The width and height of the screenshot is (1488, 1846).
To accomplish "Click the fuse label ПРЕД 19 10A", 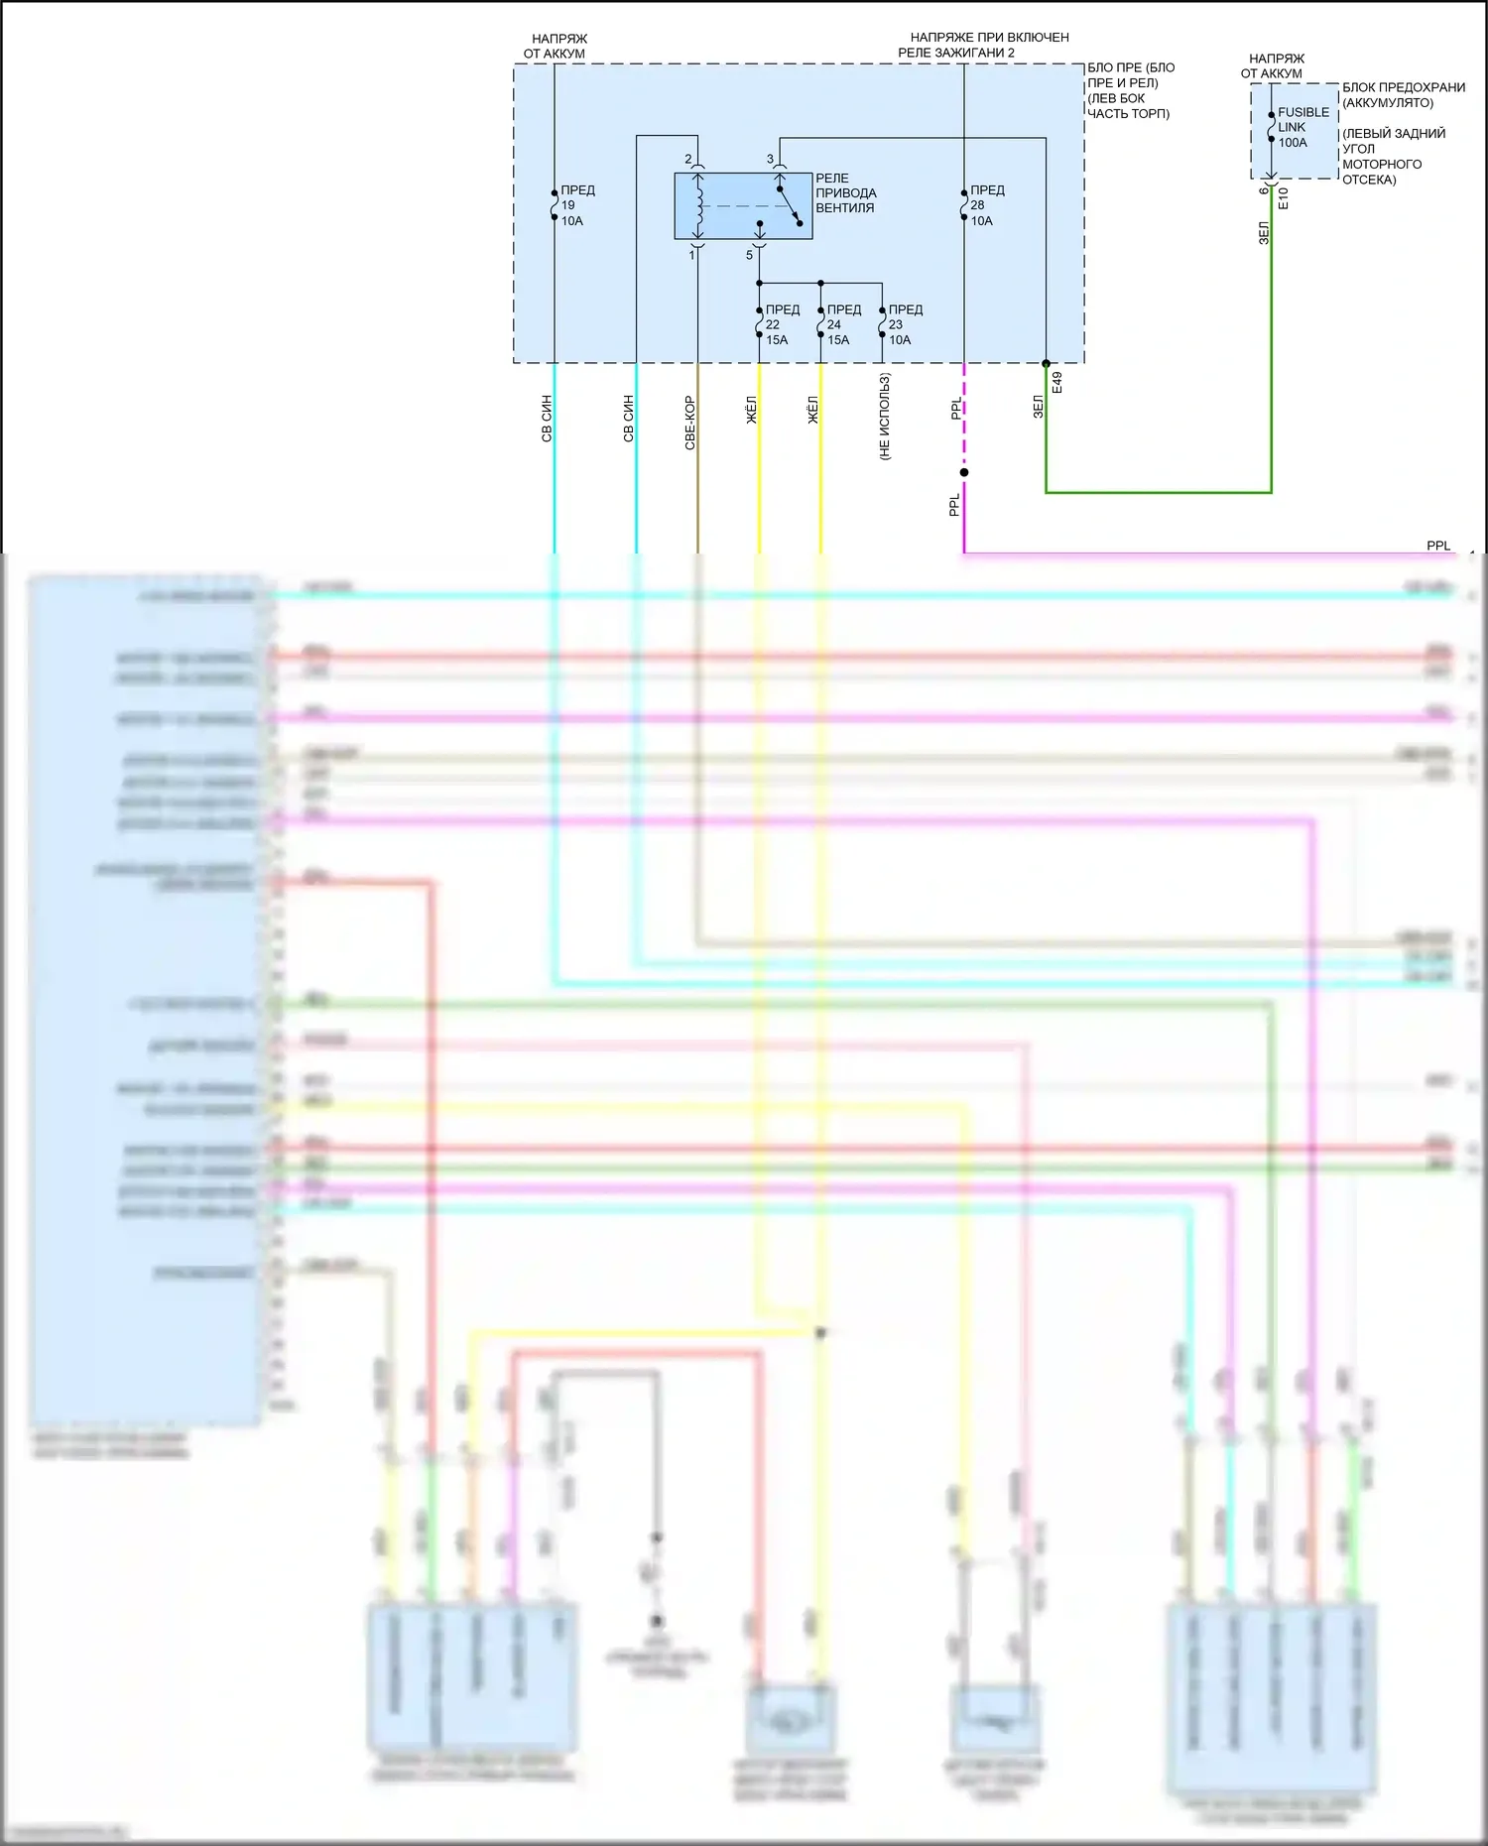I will click(576, 205).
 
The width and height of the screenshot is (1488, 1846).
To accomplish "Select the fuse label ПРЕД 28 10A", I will click(986, 205).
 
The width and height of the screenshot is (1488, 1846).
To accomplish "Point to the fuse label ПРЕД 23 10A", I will click(904, 324).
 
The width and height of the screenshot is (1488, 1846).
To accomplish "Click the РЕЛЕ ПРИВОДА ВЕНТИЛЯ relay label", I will click(845, 192).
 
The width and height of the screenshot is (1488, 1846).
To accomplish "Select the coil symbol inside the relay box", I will click(699, 206).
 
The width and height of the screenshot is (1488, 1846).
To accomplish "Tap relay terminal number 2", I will click(688, 159).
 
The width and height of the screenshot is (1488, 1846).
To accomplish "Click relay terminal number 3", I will click(770, 159).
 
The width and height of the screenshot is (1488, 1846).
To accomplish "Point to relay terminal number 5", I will click(750, 255).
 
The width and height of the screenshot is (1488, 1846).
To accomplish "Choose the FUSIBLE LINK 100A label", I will click(1302, 127).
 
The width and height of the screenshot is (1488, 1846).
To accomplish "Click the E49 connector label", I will click(1057, 383).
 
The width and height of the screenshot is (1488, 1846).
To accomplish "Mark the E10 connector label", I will click(1284, 197).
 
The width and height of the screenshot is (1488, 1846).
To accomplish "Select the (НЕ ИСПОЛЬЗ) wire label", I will click(885, 416).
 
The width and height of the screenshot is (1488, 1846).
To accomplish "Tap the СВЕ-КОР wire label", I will click(689, 423).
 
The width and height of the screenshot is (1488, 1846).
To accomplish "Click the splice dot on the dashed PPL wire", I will click(964, 472).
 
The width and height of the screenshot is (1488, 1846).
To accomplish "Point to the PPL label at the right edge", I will click(1437, 546).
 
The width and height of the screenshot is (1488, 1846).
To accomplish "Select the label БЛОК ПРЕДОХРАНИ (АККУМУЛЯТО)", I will click(1402, 95).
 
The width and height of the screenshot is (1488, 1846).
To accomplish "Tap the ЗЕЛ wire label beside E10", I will click(1264, 233).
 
